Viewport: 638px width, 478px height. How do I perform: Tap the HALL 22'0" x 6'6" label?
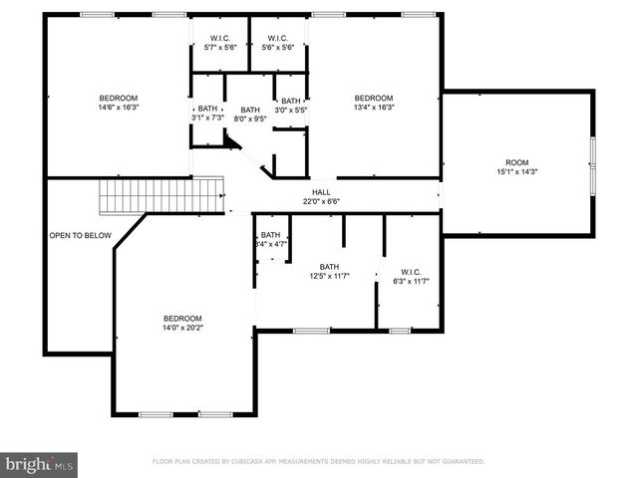click(321, 196)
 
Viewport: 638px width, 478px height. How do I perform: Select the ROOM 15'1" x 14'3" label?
click(516, 167)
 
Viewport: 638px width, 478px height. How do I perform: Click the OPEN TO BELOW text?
click(80, 236)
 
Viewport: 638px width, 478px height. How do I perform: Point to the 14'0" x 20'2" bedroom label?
click(182, 323)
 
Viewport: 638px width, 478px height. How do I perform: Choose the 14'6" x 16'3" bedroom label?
click(119, 103)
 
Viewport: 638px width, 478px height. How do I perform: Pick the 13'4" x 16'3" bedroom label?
click(375, 103)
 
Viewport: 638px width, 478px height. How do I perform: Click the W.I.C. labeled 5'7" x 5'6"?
click(219, 43)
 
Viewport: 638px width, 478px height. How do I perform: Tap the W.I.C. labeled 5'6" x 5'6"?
click(277, 43)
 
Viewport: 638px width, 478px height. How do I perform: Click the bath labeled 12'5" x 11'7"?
click(329, 271)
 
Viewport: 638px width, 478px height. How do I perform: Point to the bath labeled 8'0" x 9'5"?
click(249, 114)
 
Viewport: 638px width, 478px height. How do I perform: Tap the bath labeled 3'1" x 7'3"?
click(207, 113)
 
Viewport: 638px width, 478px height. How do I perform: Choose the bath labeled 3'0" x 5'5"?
click(290, 105)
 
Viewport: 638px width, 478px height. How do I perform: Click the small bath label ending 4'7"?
click(271, 239)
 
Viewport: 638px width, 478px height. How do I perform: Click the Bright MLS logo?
click(39, 463)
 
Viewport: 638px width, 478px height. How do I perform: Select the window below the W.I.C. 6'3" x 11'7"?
click(400, 331)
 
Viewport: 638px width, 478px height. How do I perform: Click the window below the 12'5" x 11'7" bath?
click(312, 331)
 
